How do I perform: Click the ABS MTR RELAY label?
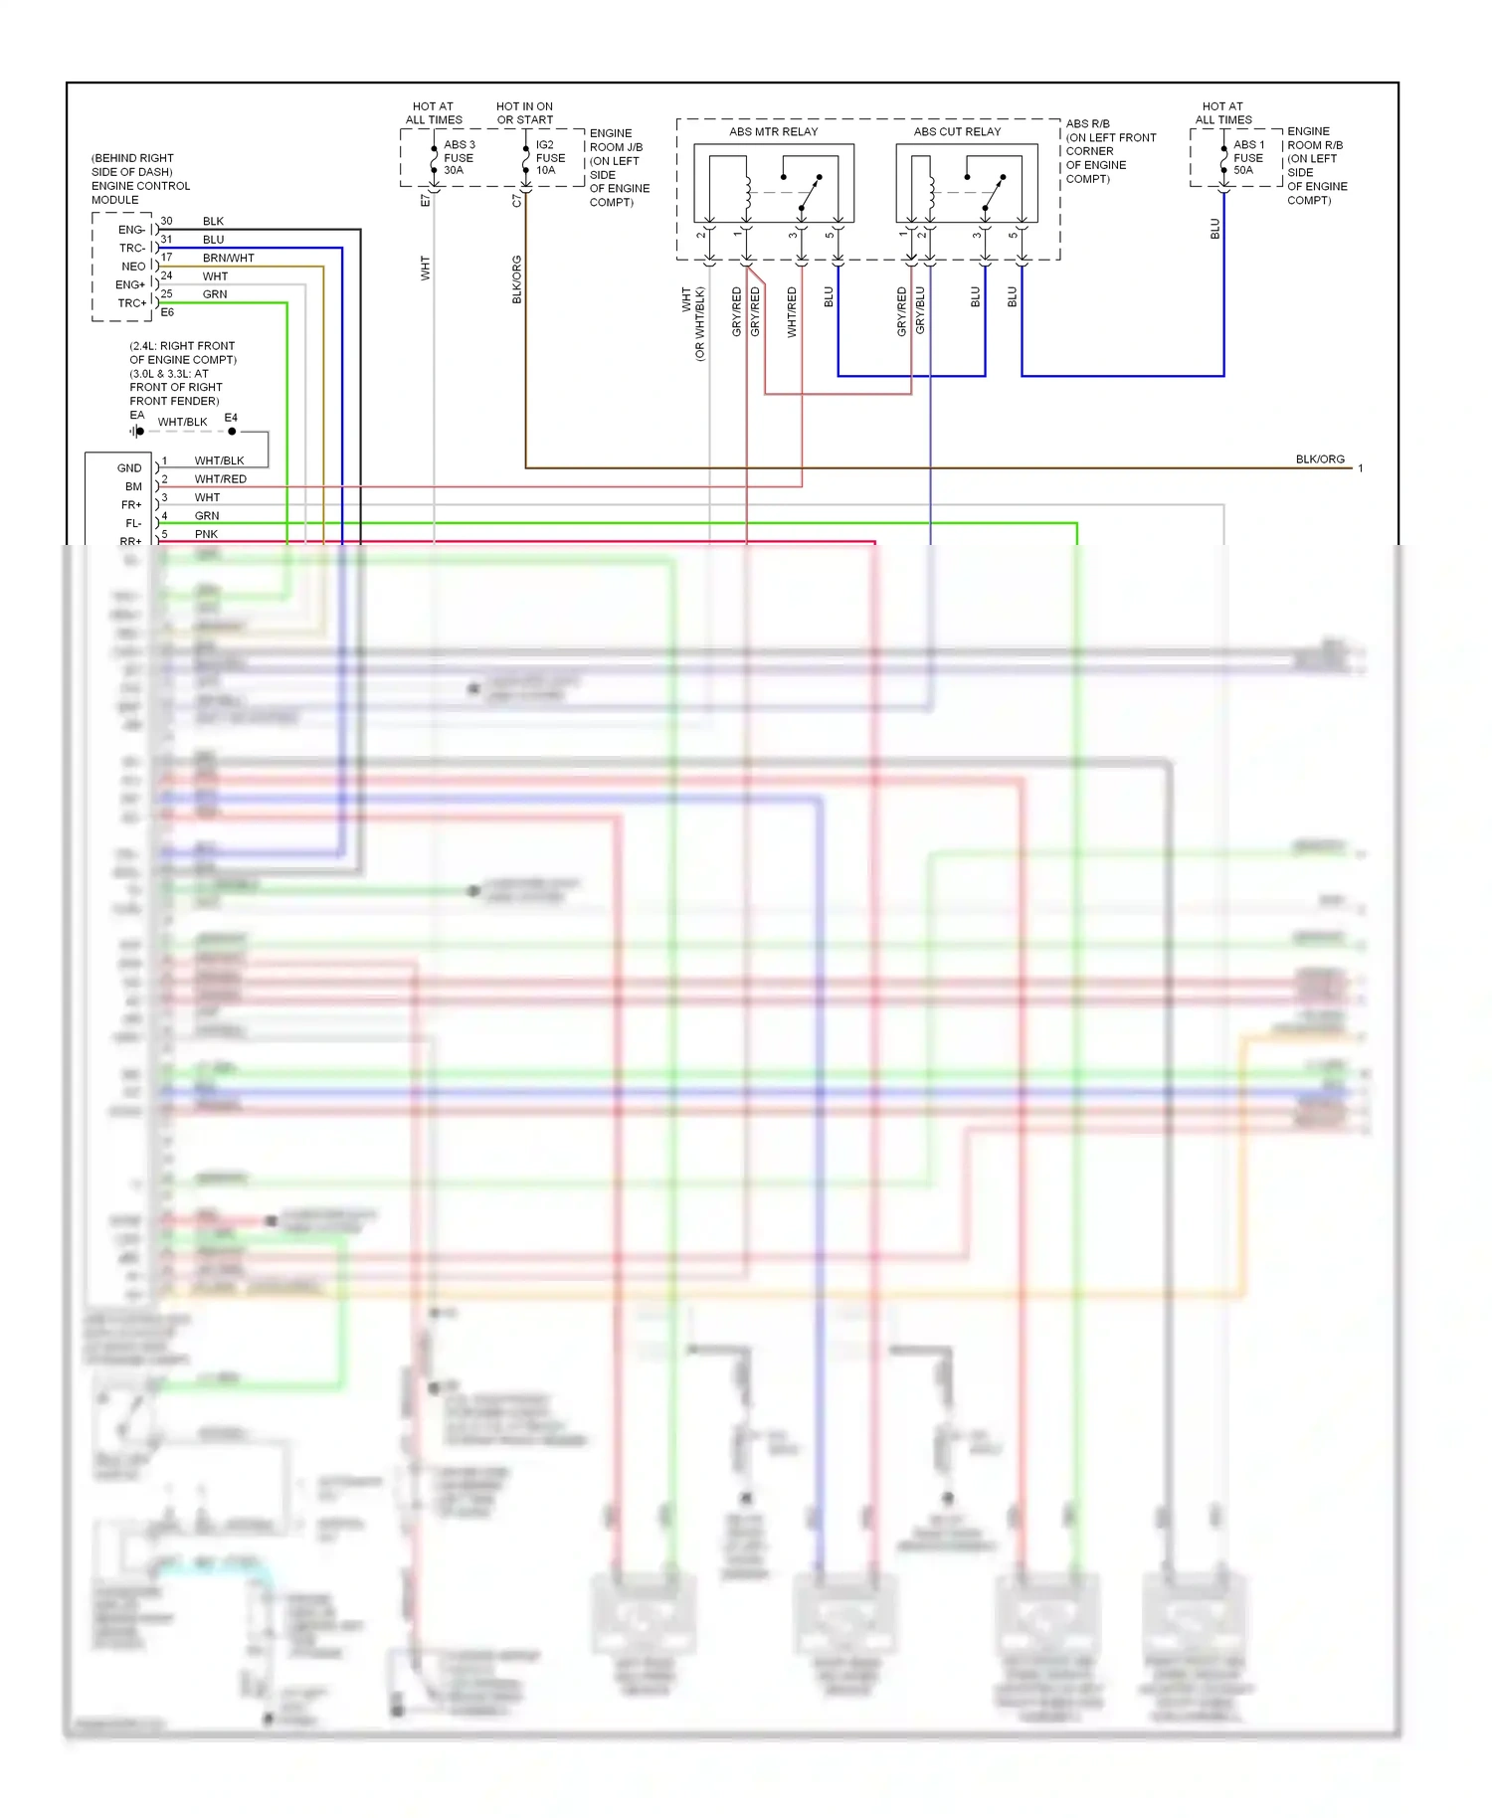(x=773, y=131)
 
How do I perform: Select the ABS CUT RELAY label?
(x=957, y=131)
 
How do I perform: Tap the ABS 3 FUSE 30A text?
(x=459, y=157)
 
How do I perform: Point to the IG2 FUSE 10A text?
(x=550, y=157)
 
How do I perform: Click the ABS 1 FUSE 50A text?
(x=1248, y=157)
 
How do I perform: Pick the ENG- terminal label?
(x=131, y=230)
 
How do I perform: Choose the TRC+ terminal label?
(x=131, y=303)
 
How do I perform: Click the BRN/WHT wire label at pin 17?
(x=228, y=258)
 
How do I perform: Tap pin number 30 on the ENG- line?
(x=166, y=221)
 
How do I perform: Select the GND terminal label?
(x=129, y=468)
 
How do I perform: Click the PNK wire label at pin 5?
(x=206, y=534)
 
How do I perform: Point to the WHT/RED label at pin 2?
(x=220, y=479)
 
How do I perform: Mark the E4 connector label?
(x=231, y=418)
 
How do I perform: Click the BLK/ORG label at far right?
(x=1319, y=459)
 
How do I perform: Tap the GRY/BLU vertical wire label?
(x=920, y=310)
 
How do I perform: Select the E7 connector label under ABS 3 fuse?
(x=426, y=200)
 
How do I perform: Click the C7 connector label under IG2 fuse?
(x=516, y=200)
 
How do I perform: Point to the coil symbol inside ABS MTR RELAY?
(x=747, y=194)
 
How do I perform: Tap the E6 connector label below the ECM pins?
(x=167, y=312)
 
